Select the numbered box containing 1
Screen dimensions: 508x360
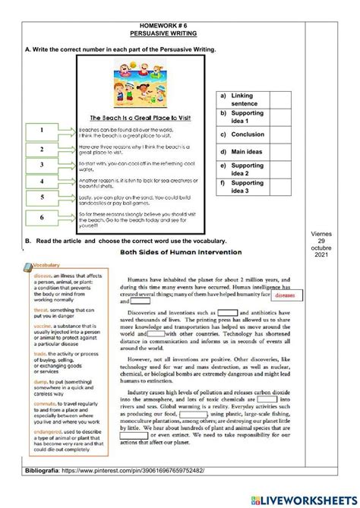(x=42, y=131)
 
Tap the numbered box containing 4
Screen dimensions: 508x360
(x=42, y=182)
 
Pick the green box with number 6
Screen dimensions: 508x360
(x=42, y=217)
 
